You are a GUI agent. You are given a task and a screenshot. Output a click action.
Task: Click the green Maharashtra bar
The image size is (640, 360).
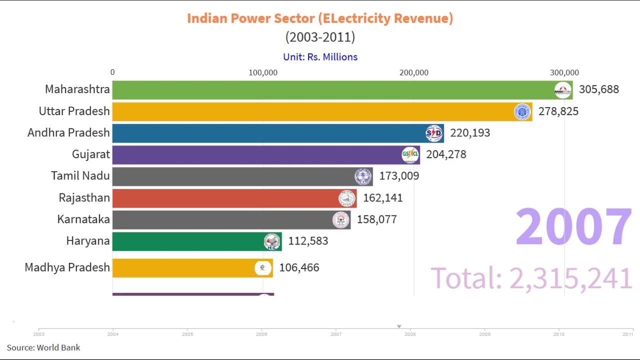coord(330,90)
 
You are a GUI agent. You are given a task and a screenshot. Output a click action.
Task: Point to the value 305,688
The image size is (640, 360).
coord(598,89)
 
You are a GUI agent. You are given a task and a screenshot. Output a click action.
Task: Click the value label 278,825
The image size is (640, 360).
coord(558,111)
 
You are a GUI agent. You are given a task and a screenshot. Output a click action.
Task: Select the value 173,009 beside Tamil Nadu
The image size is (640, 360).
coord(399,176)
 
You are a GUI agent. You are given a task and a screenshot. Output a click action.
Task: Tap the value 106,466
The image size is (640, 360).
coord(299,268)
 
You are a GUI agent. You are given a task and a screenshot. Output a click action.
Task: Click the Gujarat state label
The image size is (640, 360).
coord(90,154)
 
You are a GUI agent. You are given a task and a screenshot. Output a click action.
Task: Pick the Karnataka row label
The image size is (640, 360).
coord(83,219)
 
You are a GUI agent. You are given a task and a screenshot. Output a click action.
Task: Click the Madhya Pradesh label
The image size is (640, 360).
coord(67,267)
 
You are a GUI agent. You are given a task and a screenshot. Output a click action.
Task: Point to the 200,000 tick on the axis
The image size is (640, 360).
coord(413,72)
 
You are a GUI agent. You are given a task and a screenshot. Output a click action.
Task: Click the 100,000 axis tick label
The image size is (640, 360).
coord(263,72)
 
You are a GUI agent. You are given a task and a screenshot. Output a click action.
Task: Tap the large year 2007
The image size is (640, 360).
coord(573,227)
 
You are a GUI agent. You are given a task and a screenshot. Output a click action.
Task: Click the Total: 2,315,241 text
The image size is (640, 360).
coord(531,278)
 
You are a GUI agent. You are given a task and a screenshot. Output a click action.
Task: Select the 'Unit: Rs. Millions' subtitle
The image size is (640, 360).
coord(320,57)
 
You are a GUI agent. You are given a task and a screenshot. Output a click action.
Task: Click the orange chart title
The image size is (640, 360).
coord(320,18)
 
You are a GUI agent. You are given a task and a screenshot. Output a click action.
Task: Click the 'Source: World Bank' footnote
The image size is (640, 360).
coord(43,347)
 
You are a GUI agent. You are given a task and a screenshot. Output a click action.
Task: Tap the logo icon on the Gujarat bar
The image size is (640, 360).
coord(410,154)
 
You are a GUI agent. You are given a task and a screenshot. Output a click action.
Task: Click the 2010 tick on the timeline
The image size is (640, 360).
coord(558,334)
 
